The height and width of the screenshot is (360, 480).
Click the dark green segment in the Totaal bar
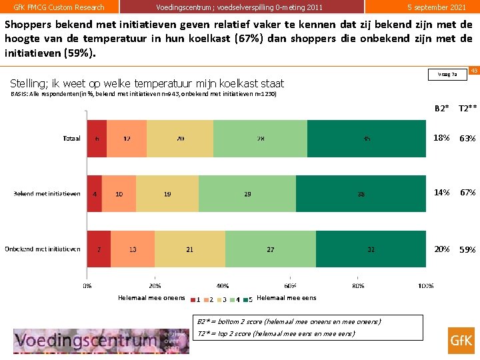pyautogui.click(x=367, y=139)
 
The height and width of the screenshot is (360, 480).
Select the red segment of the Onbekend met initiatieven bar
pyautogui.click(x=99, y=249)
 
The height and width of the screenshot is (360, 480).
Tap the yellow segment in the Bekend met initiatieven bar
pyautogui.click(x=167, y=193)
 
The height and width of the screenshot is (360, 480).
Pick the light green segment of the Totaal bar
pyautogui.click(x=260, y=139)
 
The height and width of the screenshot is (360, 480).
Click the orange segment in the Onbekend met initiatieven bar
pyautogui.click(x=133, y=249)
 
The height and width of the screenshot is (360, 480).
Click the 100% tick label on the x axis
pyautogui.click(x=425, y=286)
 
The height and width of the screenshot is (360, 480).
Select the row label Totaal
pyautogui.click(x=71, y=139)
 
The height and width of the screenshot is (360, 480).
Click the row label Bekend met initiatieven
pyautogui.click(x=47, y=194)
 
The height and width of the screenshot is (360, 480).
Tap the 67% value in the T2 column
pyautogui.click(x=467, y=193)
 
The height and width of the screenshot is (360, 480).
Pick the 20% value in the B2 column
pyautogui.click(x=441, y=249)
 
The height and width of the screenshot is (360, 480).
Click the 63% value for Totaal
pyautogui.click(x=467, y=138)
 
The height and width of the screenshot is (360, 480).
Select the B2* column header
pyautogui.click(x=441, y=108)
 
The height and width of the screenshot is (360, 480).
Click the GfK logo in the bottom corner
pyautogui.click(x=461, y=339)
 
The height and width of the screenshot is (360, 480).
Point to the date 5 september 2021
pyautogui.click(x=437, y=7)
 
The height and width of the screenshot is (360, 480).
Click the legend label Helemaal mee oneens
pyautogui.click(x=151, y=298)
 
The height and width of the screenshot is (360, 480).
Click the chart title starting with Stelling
pyautogui.click(x=147, y=83)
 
